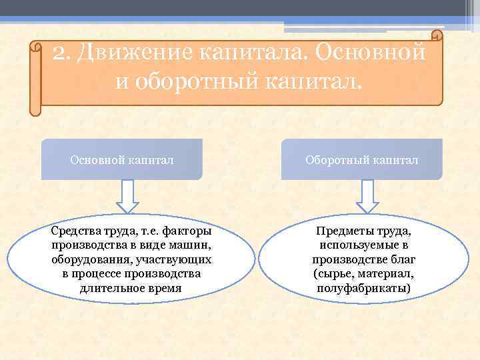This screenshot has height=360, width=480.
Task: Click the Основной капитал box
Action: [x=122, y=160]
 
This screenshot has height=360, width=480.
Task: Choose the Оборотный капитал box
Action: [x=362, y=160]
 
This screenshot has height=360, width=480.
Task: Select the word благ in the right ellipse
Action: [x=403, y=260]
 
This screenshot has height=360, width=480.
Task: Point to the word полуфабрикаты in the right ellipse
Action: [x=364, y=288]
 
